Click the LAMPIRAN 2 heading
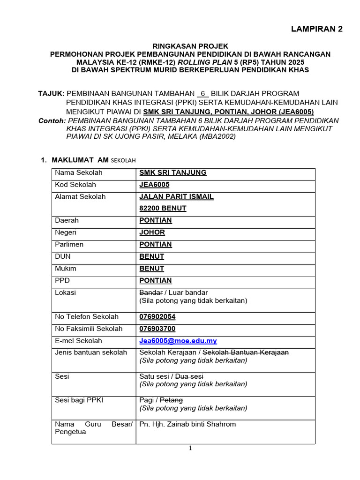(x=317, y=29)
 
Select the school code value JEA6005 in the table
(x=154, y=185)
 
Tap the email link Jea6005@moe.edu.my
(x=178, y=341)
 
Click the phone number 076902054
(x=157, y=317)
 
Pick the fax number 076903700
(x=157, y=329)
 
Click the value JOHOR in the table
(x=152, y=232)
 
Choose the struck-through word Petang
(x=172, y=400)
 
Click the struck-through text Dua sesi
(x=190, y=376)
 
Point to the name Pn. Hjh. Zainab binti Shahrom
(x=187, y=424)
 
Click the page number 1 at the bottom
(x=190, y=448)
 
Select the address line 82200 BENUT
(x=163, y=208)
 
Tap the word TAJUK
(x=51, y=94)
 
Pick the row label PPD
(x=62, y=280)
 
